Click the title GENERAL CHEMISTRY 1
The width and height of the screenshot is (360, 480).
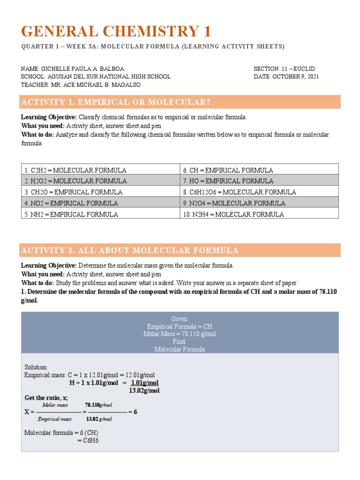[x=116, y=31]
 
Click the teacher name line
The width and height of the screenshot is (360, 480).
[x=80, y=85]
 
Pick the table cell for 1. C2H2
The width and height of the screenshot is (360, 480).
[x=100, y=170]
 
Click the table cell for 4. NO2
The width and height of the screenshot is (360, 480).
[x=100, y=203]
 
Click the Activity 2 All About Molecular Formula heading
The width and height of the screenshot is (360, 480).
[x=130, y=250]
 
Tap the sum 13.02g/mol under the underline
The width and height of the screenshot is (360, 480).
[x=144, y=390]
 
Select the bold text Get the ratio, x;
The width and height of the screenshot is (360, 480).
[x=46, y=398]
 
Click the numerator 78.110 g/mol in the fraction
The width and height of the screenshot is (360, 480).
[x=98, y=405]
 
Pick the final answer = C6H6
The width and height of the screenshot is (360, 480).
[x=88, y=440]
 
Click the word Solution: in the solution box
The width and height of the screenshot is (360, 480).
[x=36, y=367]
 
